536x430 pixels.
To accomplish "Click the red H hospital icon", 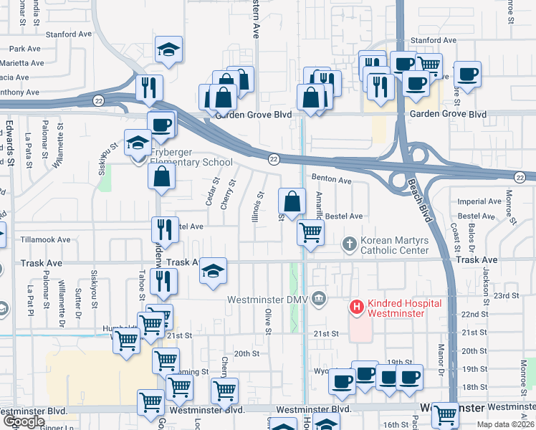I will pyautogui.click(x=356, y=307).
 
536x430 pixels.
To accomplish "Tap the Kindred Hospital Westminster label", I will pyautogui.click(x=396, y=307).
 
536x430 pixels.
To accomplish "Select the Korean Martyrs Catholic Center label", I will pyautogui.click(x=394, y=245).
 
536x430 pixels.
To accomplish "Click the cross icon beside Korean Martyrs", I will pyautogui.click(x=350, y=244).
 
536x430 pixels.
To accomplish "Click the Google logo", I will pyautogui.click(x=24, y=421).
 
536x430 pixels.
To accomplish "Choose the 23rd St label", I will pyautogui.click(x=506, y=295).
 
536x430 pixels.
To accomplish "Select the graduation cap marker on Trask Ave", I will pyautogui.click(x=213, y=272).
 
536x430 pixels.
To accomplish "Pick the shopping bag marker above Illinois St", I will pyautogui.click(x=292, y=203).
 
